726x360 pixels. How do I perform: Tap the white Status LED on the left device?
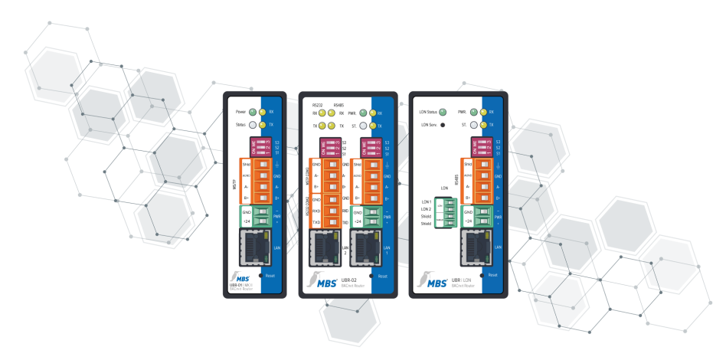[252, 124]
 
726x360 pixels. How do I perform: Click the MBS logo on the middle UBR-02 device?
[322, 282]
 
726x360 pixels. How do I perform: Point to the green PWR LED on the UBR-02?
[363, 113]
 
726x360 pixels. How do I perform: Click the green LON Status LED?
[443, 113]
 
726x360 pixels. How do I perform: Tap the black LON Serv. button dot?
[443, 124]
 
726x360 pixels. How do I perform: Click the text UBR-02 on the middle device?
[348, 280]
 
